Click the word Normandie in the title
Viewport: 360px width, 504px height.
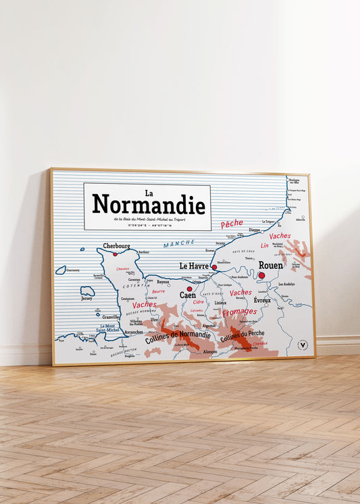tap(149, 203)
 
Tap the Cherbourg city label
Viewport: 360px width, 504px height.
tap(116, 246)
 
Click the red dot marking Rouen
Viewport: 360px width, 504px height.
tap(261, 275)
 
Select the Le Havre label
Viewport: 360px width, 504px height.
tap(193, 266)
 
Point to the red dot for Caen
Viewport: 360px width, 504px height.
tap(189, 288)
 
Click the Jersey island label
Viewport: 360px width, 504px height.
tap(86, 298)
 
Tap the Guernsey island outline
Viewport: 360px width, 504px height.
tap(61, 270)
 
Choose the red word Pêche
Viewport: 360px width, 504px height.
tap(232, 224)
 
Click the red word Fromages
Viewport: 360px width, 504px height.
tap(239, 311)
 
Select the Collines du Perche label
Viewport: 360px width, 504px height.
tap(242, 334)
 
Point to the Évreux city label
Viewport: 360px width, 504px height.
tap(262, 300)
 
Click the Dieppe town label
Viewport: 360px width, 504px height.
tap(254, 230)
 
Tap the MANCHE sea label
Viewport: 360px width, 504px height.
tap(178, 243)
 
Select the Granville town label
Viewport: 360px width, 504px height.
tap(111, 317)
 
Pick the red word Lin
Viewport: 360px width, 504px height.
tap(265, 245)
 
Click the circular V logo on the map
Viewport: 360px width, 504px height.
tap(302, 345)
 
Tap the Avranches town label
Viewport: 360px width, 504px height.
tap(134, 332)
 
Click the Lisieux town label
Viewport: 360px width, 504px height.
tap(220, 303)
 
